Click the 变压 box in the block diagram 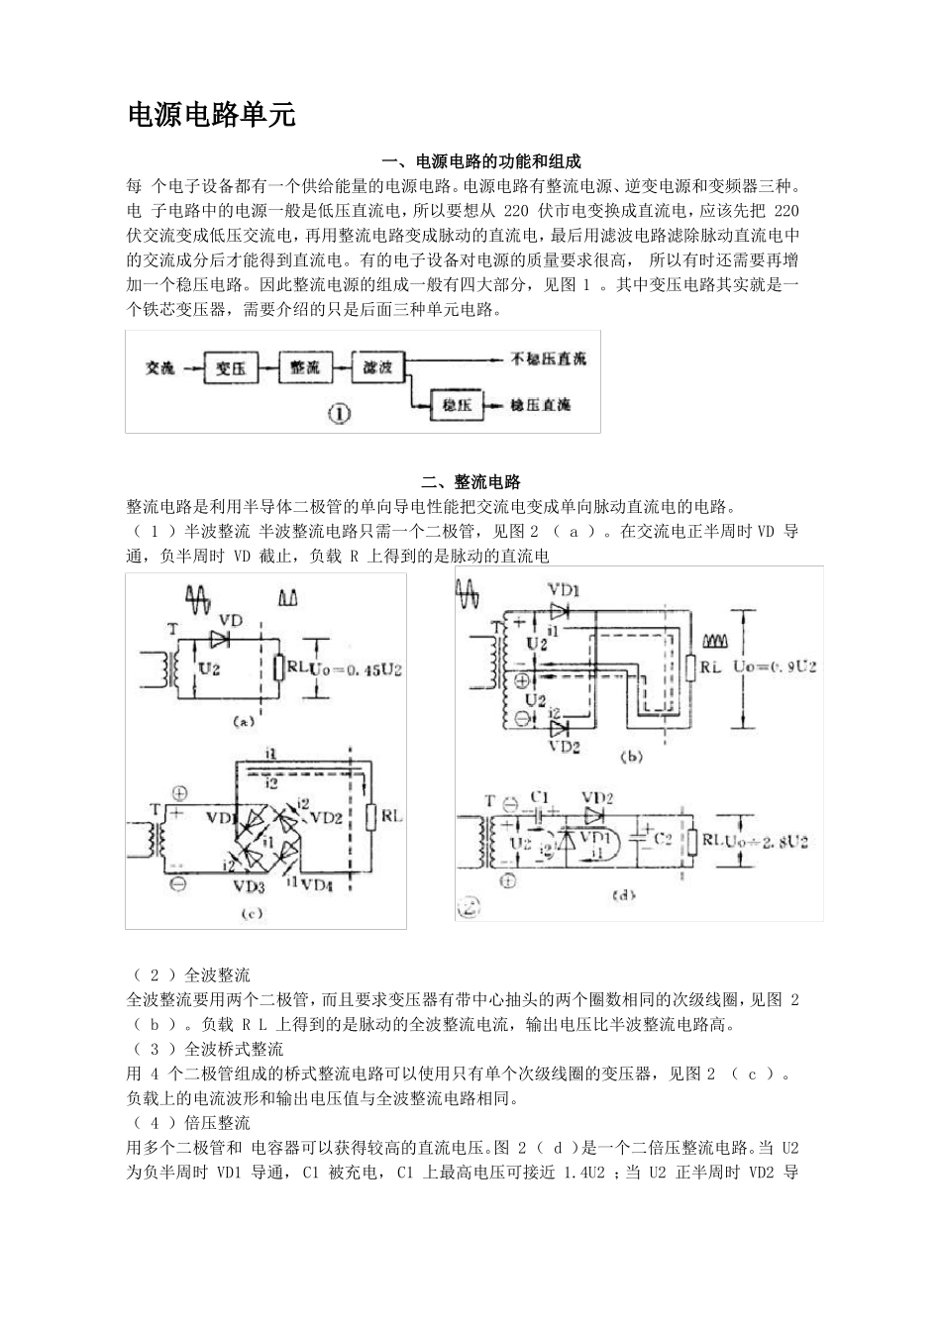231,368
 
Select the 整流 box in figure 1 305,368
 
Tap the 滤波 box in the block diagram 378,368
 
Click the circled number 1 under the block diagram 339,415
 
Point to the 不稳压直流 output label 548,359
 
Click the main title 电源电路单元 212,115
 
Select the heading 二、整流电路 470,482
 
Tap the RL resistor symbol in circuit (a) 278,668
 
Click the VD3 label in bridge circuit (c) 249,884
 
